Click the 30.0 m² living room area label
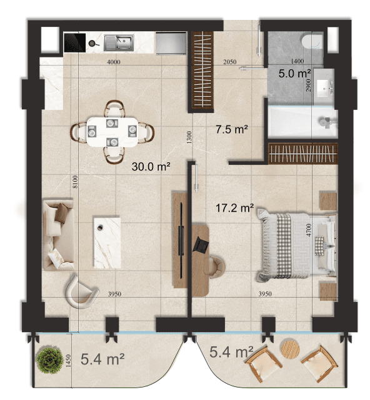[x=151, y=167]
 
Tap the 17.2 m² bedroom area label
[x=234, y=208]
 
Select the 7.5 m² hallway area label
[x=232, y=129]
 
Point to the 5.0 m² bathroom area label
[x=294, y=74]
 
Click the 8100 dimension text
[x=75, y=182]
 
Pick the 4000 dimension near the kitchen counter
[x=114, y=62]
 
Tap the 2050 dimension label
[x=230, y=62]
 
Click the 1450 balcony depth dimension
[x=68, y=361]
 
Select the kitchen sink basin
[x=124, y=42]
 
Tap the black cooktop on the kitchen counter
[x=74, y=42]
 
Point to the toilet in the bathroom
[x=312, y=42]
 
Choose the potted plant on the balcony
[x=49, y=360]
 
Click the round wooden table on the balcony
[x=290, y=349]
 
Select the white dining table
[x=112, y=132]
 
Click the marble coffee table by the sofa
[x=107, y=242]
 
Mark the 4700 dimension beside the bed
[x=309, y=230]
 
